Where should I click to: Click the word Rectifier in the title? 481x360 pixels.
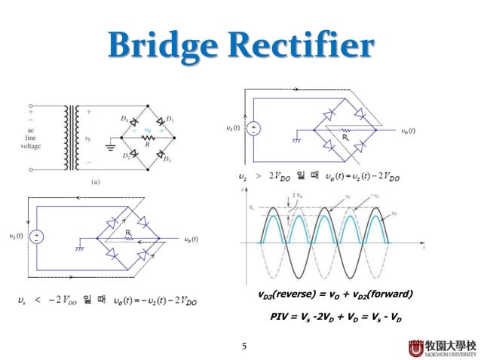[x=305, y=46]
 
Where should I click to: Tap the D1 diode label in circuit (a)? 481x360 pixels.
[x=170, y=118]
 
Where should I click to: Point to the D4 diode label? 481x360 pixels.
[x=124, y=118]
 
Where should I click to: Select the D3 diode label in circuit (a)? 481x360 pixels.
[x=169, y=160]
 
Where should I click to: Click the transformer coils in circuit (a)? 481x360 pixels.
[x=73, y=136]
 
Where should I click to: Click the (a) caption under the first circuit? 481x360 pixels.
[x=96, y=182]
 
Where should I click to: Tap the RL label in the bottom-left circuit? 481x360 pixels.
[x=129, y=233]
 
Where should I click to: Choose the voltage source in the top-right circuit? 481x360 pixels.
[x=254, y=130]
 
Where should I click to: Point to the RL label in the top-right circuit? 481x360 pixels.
[x=345, y=138]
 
